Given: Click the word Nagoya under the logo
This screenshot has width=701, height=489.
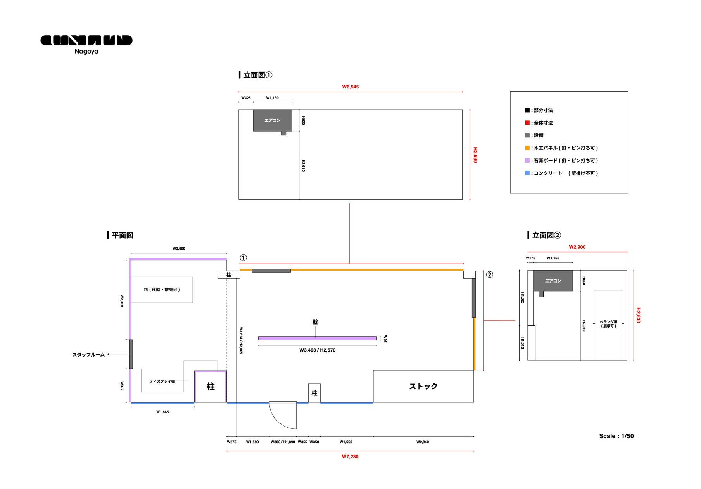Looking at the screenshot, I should point(86,52).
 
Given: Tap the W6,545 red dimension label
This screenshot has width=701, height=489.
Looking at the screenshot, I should point(350,87).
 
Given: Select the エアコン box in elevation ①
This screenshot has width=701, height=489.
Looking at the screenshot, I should point(272,120).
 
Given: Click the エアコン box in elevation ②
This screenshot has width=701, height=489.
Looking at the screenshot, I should point(553,281).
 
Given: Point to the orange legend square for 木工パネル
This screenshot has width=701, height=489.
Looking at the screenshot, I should point(527,148).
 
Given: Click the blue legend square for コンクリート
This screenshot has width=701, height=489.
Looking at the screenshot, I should point(527,173).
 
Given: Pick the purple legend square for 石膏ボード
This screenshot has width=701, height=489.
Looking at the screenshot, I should point(527,160).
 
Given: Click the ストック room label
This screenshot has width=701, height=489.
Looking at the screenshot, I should point(423,386).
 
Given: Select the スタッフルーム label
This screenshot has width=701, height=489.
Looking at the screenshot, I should point(88,355).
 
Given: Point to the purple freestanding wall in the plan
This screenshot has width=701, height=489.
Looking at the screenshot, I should point(317,338).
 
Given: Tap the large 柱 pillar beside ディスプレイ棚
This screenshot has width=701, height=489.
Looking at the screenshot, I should point(211,387).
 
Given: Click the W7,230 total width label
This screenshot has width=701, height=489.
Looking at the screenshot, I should point(350,457).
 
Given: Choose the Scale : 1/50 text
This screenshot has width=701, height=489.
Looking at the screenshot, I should point(616,436).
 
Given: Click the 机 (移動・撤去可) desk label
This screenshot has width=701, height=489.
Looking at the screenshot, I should point(162,290).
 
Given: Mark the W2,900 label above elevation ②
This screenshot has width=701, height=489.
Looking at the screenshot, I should point(577,247).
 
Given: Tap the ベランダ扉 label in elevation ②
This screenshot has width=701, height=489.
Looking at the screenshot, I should point(608,324).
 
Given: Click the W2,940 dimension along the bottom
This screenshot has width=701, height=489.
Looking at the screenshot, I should point(423,442).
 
